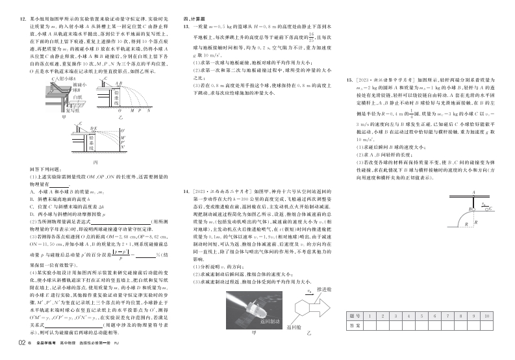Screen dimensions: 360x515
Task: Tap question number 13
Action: pyautogui.click(x=187, y=27)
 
